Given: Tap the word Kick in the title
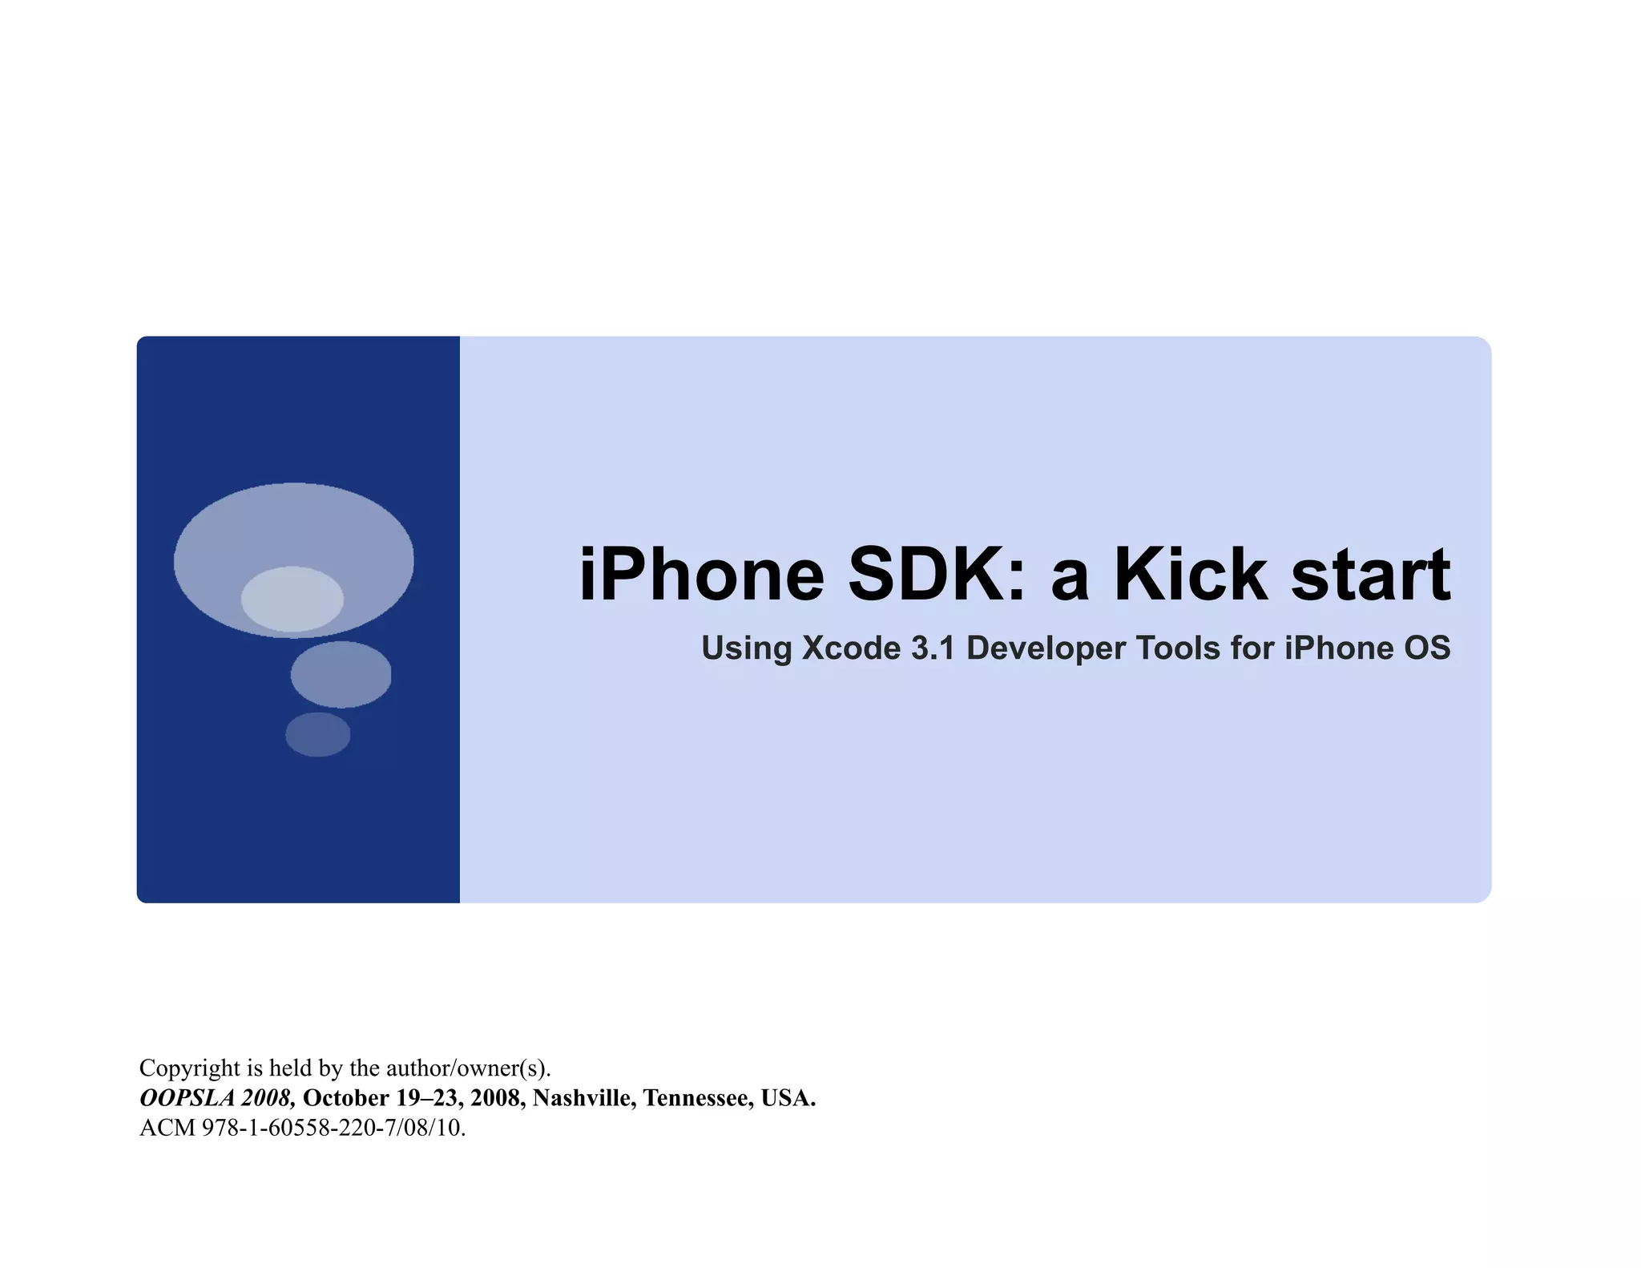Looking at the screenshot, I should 1191,575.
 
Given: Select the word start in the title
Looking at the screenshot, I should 1370,575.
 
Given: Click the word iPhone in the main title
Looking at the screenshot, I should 702,575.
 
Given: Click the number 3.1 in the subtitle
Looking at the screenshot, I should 933,648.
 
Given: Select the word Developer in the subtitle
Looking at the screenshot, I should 1046,648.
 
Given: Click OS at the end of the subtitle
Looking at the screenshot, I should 1427,648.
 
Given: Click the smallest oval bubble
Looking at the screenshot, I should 318,734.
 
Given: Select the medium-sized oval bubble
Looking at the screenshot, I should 341,674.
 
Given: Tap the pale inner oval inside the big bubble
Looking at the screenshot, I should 292,599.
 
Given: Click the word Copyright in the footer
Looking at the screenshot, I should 190,1068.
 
